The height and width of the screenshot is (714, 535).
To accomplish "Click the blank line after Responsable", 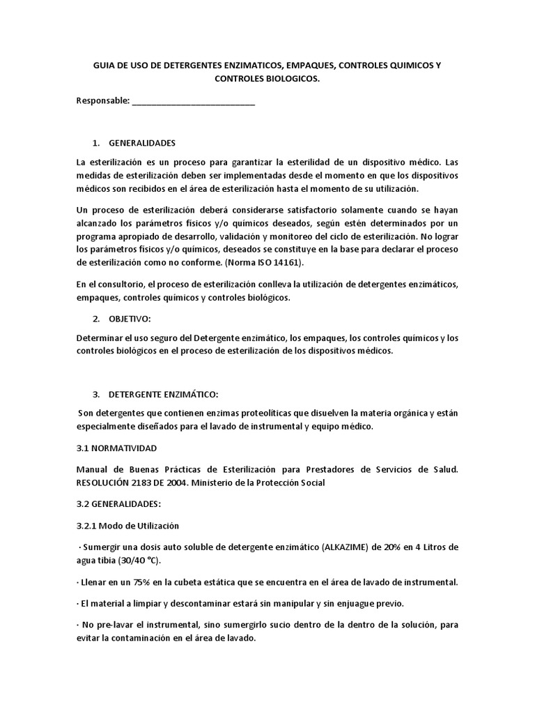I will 193,102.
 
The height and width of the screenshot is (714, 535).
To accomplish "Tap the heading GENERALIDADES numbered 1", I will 143,143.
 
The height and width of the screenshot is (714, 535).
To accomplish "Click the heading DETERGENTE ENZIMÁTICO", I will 164,395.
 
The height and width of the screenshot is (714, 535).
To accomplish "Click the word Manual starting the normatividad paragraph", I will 91,470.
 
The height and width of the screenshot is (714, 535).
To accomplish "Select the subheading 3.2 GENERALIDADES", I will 118,503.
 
